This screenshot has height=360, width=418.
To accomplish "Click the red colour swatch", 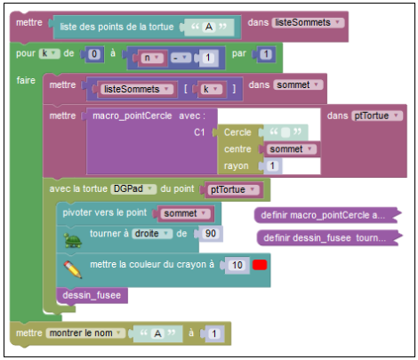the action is click(260, 265).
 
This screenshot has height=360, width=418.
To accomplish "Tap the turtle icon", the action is click(73, 240).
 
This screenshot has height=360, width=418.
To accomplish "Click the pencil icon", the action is click(73, 269).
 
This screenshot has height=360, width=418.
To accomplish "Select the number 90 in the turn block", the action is click(211, 234).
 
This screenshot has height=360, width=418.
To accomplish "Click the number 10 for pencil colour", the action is click(237, 265).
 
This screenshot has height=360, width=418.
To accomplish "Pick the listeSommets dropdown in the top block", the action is click(308, 22).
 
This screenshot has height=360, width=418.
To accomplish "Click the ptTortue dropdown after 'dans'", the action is click(377, 116).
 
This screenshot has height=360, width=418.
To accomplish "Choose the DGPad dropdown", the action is click(133, 188).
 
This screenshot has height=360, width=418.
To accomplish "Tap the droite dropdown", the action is click(152, 234).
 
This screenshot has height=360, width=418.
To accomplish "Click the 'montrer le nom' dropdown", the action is click(85, 333).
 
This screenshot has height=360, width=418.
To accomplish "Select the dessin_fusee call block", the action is click(92, 295).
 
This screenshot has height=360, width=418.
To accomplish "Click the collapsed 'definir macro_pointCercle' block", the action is click(327, 215).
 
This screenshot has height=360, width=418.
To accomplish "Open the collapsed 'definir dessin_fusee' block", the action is click(329, 238).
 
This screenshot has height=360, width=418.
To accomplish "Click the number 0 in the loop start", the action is click(94, 54).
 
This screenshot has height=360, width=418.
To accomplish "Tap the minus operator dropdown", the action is click(181, 58).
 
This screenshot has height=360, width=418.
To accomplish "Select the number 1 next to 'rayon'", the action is click(272, 165).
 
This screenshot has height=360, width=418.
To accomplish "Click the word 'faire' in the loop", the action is click(26, 80).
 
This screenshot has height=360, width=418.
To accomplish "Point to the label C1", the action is click(199, 132).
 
